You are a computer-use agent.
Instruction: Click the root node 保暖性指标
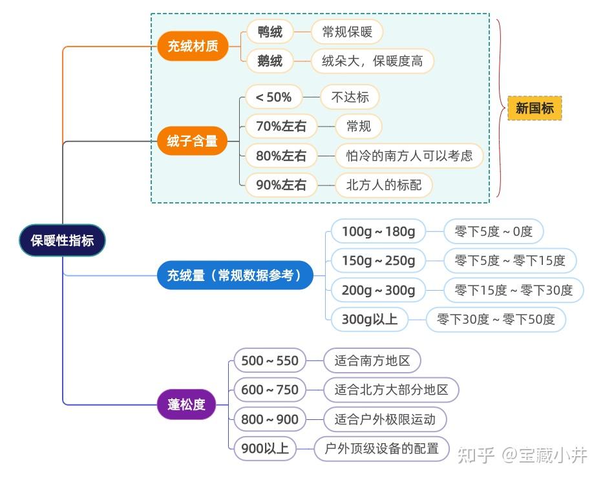(62, 240)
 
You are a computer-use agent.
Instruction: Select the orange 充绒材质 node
(193, 46)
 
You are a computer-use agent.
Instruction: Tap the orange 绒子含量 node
(193, 140)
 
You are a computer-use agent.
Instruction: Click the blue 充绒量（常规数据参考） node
(235, 275)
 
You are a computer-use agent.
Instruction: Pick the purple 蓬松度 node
(186, 404)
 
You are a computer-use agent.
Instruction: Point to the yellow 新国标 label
(534, 108)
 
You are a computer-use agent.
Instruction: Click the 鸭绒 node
(270, 32)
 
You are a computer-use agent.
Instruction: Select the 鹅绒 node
(270, 61)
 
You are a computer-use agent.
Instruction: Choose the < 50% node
(273, 98)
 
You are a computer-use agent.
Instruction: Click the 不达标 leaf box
(350, 98)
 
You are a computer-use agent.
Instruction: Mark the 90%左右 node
(281, 185)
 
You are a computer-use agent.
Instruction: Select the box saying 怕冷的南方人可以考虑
(409, 156)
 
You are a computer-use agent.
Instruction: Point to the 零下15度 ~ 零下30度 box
(513, 290)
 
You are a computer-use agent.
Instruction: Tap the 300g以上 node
(369, 319)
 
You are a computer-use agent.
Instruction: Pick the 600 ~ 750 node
(270, 390)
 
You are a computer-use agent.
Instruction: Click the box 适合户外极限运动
(385, 419)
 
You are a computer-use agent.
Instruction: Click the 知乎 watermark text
(476, 455)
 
